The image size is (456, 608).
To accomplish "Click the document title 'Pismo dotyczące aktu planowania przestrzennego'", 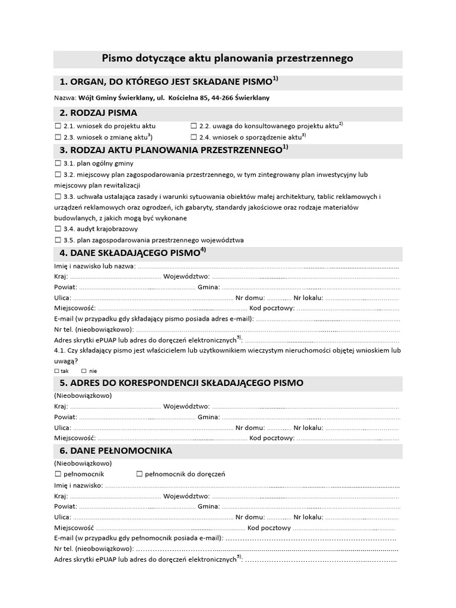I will pyautogui.click(x=227, y=58).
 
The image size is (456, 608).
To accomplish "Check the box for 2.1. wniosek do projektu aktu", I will pyautogui.click(x=58, y=126).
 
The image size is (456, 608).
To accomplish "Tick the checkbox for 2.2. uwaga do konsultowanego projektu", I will pyautogui.click(x=194, y=126).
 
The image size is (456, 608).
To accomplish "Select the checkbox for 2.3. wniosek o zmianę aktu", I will pyautogui.click(x=58, y=137).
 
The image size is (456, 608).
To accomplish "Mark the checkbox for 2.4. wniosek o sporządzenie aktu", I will pyautogui.click(x=194, y=137).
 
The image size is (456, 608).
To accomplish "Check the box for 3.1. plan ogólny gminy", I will pyautogui.click(x=58, y=163).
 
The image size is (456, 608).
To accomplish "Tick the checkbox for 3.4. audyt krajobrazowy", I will pyautogui.click(x=58, y=229).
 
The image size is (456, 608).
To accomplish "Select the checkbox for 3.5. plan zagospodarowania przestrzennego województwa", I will pyautogui.click(x=58, y=240).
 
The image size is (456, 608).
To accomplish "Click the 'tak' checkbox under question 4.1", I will pyautogui.click(x=57, y=370).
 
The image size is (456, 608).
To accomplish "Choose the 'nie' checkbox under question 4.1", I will pyautogui.click(x=84, y=370).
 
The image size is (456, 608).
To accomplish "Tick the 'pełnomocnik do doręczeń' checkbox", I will pyautogui.click(x=140, y=474).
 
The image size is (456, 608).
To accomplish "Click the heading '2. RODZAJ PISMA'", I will pyautogui.click(x=98, y=113).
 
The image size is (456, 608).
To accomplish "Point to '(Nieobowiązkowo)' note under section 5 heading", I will pyautogui.click(x=83, y=395).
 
